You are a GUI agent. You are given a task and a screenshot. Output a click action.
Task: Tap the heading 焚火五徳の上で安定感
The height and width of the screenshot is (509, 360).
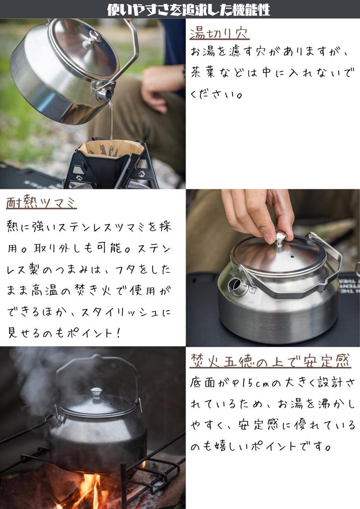(270, 360)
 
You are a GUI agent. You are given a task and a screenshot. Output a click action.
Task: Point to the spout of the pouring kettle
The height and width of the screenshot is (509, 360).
(105, 93)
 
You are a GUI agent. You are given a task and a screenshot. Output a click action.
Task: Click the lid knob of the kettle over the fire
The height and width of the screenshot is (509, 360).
(96, 393)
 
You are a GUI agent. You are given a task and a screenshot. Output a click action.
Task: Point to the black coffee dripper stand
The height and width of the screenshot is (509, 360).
(112, 169)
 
